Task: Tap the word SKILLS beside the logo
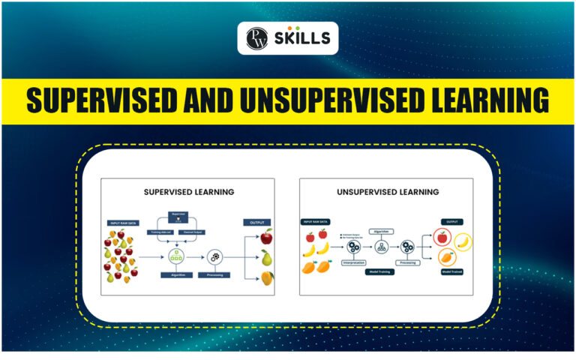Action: point(303,38)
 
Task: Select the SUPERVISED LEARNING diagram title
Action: point(188,192)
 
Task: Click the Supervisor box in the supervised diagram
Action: point(178,214)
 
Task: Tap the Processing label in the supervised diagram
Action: point(214,275)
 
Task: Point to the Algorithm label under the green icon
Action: point(178,275)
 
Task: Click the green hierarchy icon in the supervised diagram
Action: point(178,256)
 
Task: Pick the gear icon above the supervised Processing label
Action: point(214,256)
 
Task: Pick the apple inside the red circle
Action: point(442,238)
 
